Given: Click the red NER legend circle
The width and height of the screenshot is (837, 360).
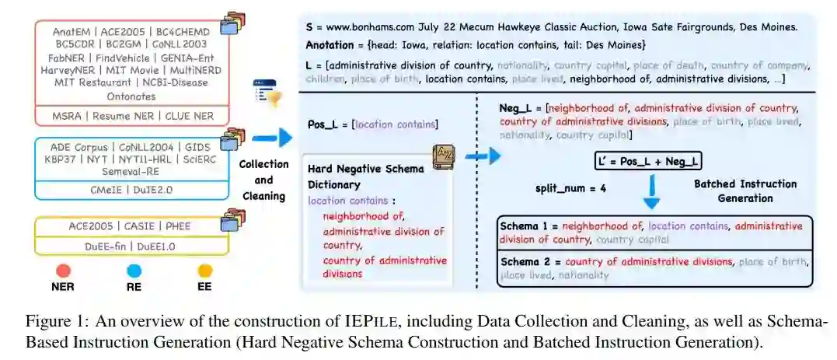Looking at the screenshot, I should [64, 271].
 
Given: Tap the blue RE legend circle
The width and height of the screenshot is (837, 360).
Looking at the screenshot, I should [134, 271].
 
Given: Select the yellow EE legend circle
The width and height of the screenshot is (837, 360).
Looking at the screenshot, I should [205, 271].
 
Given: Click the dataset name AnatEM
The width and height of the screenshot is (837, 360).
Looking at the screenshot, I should [74, 32].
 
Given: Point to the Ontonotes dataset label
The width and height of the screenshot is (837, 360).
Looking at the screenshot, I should [131, 96].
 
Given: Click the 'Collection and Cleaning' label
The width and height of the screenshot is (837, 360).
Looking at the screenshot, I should [263, 180].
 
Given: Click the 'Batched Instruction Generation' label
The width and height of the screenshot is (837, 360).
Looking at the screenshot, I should [745, 191].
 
